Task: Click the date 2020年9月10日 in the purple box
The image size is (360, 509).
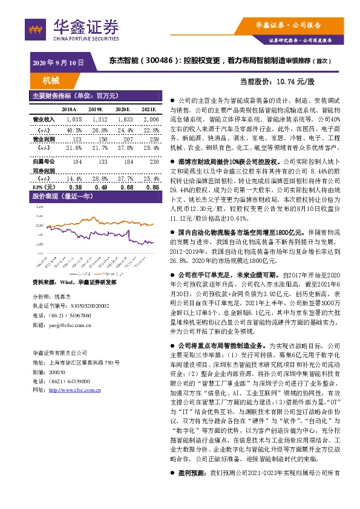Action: tap(57, 62)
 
